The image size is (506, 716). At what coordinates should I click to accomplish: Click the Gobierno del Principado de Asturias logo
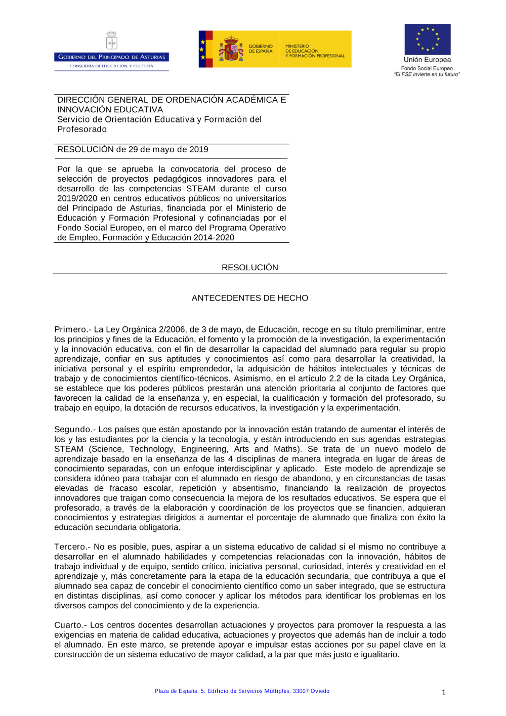coord(111,51)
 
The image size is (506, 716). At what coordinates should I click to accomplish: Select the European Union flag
coord(427,39)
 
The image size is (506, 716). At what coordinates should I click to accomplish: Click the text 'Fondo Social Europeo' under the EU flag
coord(427,68)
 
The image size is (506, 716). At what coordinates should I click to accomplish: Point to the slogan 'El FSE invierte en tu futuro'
coord(427,74)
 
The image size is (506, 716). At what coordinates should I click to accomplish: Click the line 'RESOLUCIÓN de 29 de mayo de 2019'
coord(133,149)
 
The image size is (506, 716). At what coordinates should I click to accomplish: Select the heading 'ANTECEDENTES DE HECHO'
coord(249,298)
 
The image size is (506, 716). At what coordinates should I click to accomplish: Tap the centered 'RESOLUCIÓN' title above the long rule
coord(249,267)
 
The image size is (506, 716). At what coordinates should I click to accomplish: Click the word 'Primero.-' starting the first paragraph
coord(72,329)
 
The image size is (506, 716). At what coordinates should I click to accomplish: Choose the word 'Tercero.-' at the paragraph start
coord(72,546)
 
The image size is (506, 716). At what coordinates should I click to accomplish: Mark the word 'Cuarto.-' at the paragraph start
coord(71,625)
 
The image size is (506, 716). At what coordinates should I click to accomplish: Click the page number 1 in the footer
coord(443,692)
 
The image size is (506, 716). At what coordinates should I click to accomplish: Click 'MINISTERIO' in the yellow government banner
coord(297,46)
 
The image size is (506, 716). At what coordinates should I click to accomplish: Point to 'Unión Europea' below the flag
coord(427,60)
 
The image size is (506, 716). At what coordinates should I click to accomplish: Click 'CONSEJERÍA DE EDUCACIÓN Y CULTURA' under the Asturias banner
coord(111,66)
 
